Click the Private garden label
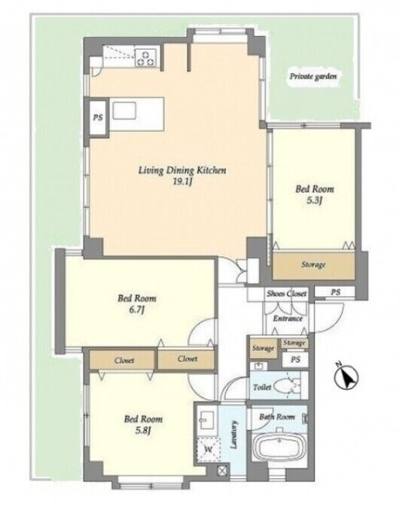(313, 77)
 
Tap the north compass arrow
(346, 377)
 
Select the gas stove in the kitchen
(145, 57)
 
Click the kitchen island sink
(124, 111)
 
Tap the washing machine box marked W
(208, 450)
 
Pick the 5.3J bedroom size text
(314, 200)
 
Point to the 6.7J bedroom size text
(137, 310)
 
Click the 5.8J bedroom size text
(143, 431)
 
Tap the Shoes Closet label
(287, 294)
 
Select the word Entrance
(288, 319)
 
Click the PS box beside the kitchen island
(98, 118)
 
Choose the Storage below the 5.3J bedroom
(313, 265)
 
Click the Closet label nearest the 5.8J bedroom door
(187, 359)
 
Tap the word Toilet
(262, 387)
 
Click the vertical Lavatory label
(233, 435)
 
